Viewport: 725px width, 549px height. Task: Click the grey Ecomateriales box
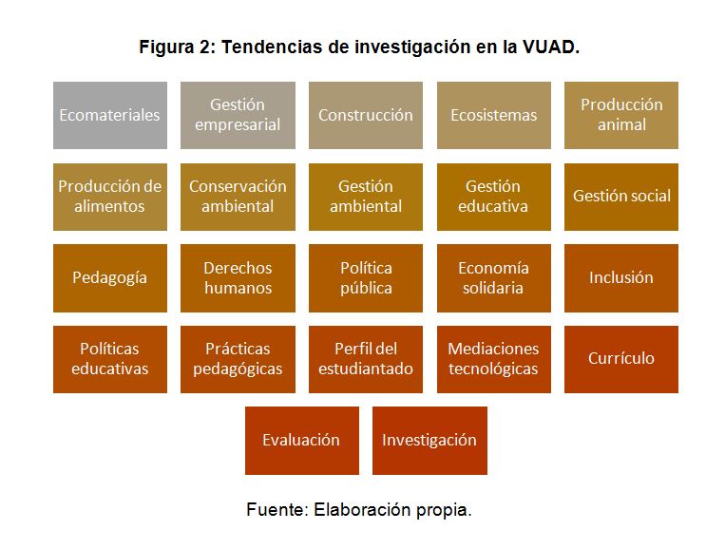[110, 116]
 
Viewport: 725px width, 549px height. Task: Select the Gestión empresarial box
[238, 116]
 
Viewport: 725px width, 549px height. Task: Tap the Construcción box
[366, 116]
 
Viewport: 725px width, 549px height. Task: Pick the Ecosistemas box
[494, 116]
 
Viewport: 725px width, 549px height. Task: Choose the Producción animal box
[621, 116]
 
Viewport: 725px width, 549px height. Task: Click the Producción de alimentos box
[110, 197]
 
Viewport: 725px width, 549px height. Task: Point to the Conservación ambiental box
[238, 197]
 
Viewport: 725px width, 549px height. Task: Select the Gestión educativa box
[494, 197]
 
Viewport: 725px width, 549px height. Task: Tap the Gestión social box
[621, 197]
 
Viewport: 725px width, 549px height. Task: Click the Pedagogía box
[110, 278]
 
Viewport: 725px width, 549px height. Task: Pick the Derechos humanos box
[238, 278]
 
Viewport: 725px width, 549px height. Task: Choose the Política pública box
[366, 278]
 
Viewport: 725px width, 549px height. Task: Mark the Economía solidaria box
[494, 278]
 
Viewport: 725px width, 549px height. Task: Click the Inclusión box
[621, 278]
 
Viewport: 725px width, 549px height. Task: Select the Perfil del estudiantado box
[366, 360]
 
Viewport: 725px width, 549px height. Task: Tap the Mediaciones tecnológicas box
[494, 360]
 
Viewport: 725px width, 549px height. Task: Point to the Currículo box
[621, 360]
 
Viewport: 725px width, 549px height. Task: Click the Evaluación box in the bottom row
[302, 441]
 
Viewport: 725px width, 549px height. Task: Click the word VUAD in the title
[551, 47]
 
